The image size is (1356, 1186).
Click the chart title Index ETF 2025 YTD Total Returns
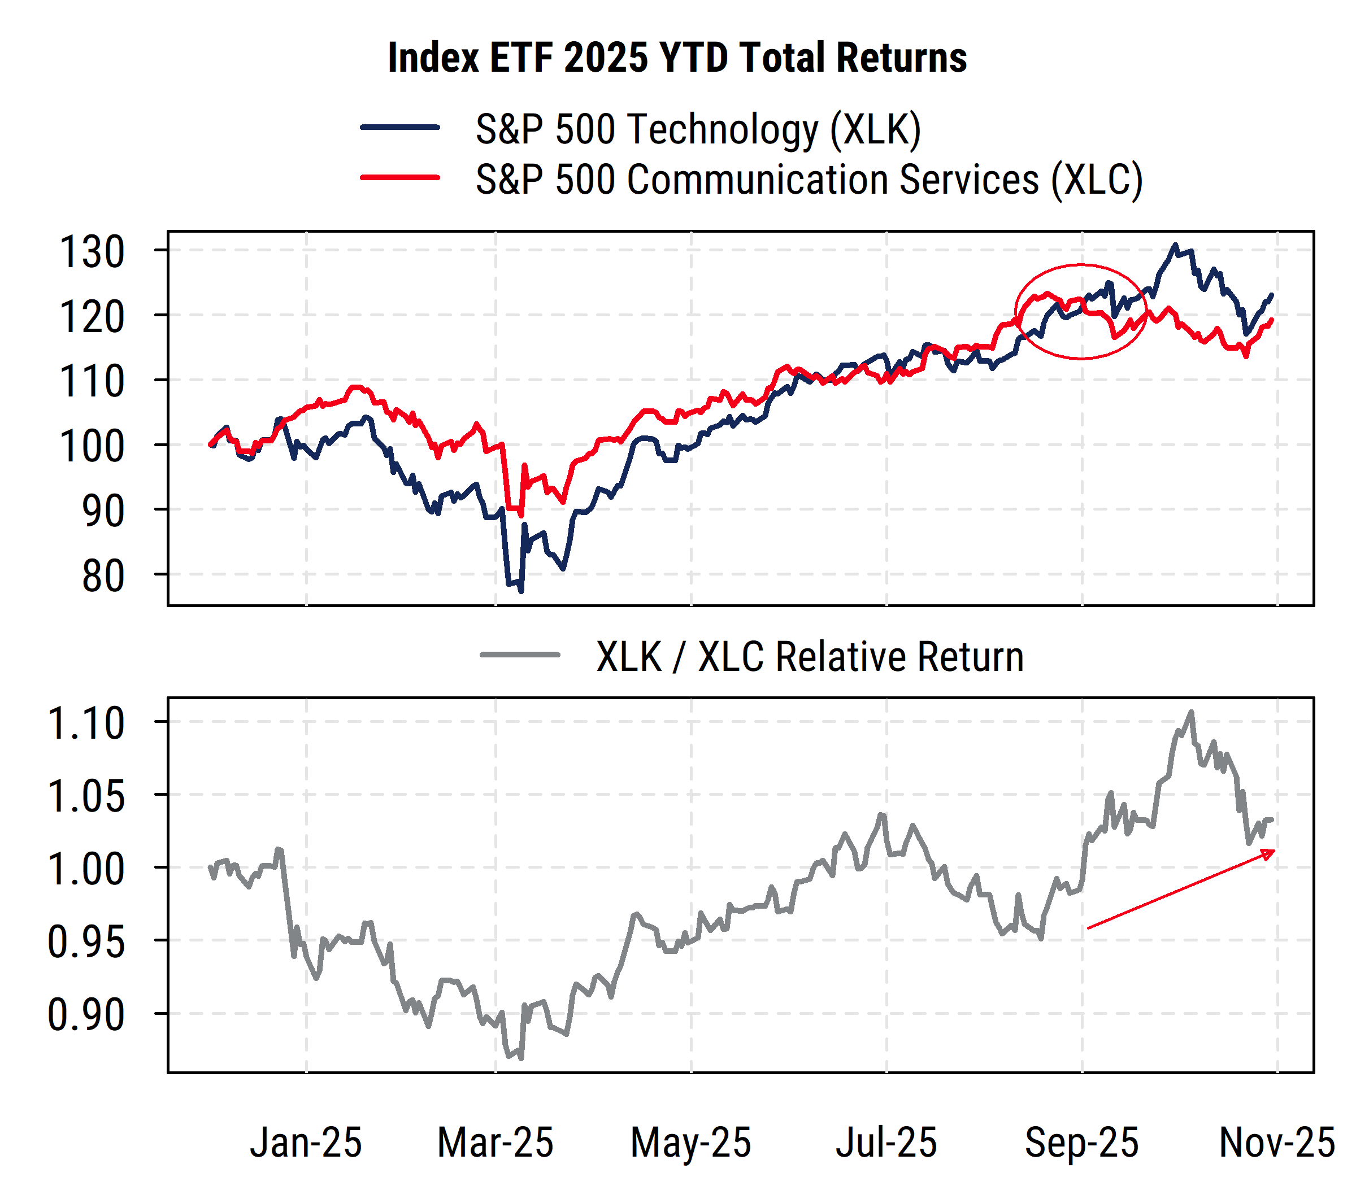coord(677,58)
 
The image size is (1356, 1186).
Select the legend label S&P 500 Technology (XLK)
coord(698,129)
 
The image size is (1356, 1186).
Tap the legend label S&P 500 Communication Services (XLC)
coord(809,180)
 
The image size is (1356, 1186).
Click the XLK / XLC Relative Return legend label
coord(809,657)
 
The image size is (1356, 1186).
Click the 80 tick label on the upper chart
coord(103,577)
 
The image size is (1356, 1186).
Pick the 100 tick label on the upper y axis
coord(92,447)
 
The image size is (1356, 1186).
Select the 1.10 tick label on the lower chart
coord(86,723)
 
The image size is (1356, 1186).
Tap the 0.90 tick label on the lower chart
coord(86,1014)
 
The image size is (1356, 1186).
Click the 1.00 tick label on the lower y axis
coord(86,869)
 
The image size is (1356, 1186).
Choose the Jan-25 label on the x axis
coord(306,1143)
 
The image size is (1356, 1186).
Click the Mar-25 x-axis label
coord(496,1143)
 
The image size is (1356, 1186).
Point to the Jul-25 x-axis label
coord(886,1143)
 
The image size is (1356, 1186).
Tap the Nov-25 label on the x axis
coord(1276,1143)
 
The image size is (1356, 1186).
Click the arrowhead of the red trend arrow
coord(1268,854)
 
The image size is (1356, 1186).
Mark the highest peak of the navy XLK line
coord(1175,245)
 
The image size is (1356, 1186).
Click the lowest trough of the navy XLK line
coord(521,591)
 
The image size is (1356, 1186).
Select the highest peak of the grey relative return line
coord(1191,712)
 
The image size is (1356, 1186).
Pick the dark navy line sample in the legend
coord(400,127)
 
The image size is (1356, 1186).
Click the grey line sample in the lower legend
coord(520,655)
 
